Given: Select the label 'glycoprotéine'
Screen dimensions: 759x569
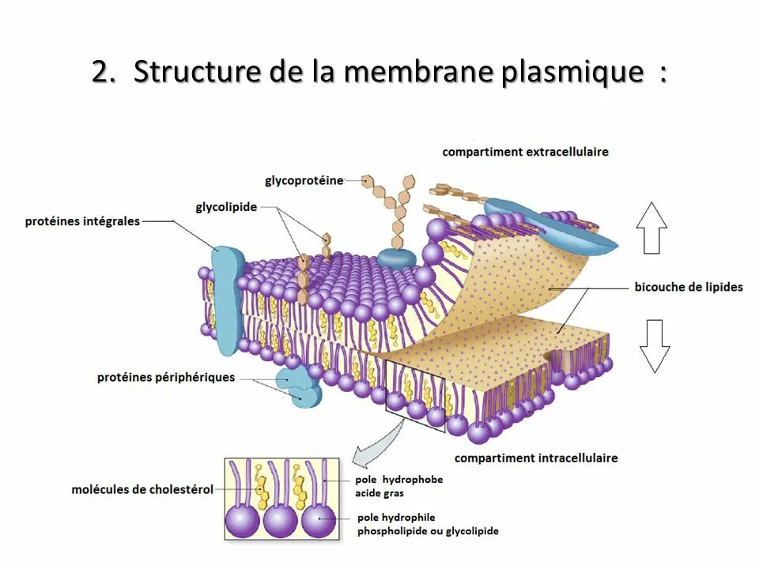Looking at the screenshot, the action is pos(304,180).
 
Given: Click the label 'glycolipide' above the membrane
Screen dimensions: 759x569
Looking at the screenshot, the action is pos(226,207).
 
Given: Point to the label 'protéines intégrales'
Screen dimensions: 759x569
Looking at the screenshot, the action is pos(82,221).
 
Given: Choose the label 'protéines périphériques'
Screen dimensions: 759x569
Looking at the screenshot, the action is pos(166,377).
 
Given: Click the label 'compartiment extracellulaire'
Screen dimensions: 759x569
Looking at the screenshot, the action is pos(525,151).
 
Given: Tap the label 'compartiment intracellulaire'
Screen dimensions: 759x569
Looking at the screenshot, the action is pos(536,458).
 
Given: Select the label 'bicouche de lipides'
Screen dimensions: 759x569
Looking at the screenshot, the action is pos(689,287).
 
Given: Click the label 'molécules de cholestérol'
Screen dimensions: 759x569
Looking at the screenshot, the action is pos(142,489).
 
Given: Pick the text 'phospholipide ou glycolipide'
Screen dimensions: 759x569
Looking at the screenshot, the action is pos(428,531).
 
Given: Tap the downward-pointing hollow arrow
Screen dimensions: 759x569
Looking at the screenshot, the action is pos(655,346).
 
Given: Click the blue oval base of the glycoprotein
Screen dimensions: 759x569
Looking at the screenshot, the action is pos(396,256).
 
